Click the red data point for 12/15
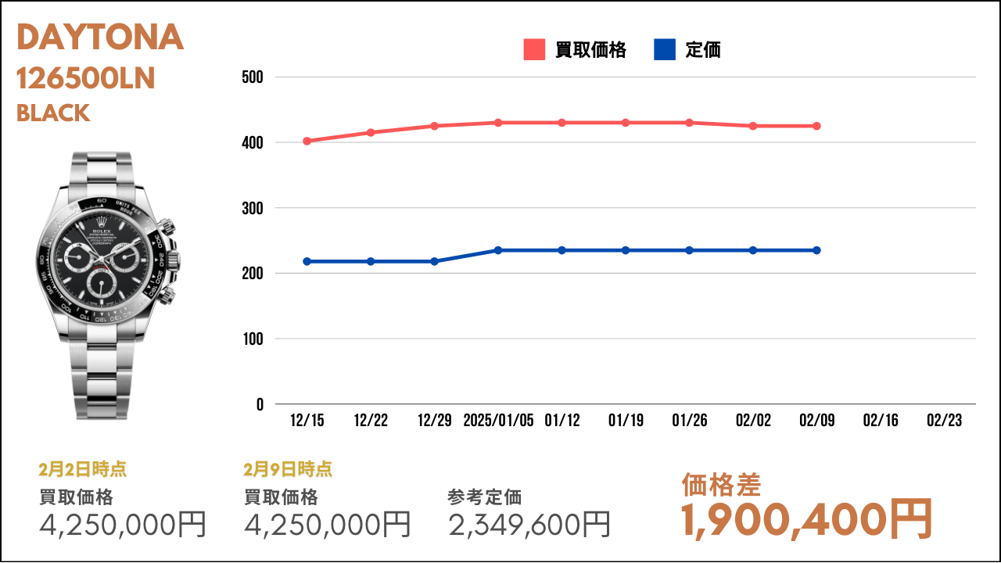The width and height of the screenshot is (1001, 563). pyautogui.click(x=307, y=142)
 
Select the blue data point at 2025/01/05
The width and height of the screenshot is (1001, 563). pyautogui.click(x=498, y=250)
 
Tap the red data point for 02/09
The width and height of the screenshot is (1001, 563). pyautogui.click(x=816, y=126)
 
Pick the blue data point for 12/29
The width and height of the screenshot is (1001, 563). pyautogui.click(x=434, y=261)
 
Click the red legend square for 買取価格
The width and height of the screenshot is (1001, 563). pyautogui.click(x=534, y=49)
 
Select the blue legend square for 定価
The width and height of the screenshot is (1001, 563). pyautogui.click(x=665, y=49)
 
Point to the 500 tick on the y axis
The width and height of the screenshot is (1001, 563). pyautogui.click(x=253, y=77)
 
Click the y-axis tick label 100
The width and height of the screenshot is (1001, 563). pyautogui.click(x=253, y=339)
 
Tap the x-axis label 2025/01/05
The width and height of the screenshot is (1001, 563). pyautogui.click(x=498, y=420)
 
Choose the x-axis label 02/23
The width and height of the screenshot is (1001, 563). pyautogui.click(x=944, y=420)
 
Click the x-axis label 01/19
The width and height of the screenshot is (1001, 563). pyautogui.click(x=626, y=420)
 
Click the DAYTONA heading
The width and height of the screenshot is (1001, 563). pyautogui.click(x=100, y=37)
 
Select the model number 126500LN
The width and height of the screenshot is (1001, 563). pyautogui.click(x=85, y=78)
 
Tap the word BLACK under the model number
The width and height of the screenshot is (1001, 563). pyautogui.click(x=53, y=113)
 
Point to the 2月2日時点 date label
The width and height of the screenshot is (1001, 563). pyautogui.click(x=83, y=469)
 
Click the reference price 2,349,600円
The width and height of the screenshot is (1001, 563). pyautogui.click(x=529, y=524)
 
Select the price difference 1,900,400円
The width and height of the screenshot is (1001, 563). pyautogui.click(x=806, y=520)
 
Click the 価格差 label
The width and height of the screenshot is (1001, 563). pyautogui.click(x=721, y=485)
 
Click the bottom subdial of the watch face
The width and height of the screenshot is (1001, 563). pyautogui.click(x=102, y=283)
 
